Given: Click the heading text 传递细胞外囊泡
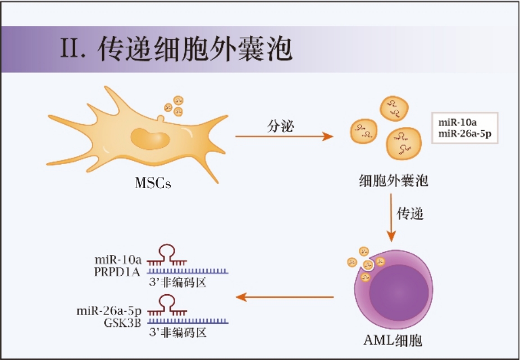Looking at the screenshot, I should (195, 50).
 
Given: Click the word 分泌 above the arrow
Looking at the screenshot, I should (280, 125).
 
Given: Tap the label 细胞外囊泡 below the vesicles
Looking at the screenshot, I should (394, 181).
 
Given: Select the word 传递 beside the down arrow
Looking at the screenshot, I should (410, 214).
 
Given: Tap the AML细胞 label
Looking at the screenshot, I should (393, 340).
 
